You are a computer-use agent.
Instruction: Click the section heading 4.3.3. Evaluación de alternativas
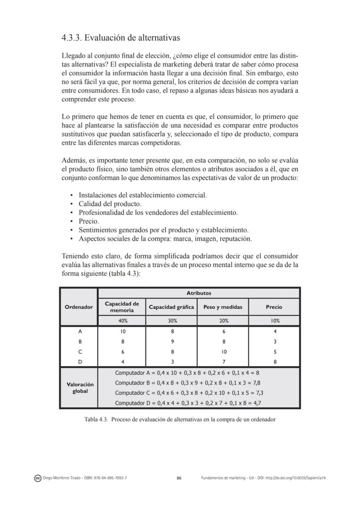120,38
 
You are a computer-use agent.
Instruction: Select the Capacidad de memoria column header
122,307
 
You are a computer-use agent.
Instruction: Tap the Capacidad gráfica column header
171,307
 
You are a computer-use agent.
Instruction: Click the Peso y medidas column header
223,307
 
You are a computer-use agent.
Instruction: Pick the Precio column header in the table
274,307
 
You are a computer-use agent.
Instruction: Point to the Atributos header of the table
199,293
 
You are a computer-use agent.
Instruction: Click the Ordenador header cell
79,307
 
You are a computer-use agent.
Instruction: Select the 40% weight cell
122,321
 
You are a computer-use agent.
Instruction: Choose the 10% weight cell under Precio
274,321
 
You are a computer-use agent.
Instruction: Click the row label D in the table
80,362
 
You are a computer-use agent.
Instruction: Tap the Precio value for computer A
274,331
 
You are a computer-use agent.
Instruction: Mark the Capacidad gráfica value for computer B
172,342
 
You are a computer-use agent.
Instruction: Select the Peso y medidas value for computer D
223,362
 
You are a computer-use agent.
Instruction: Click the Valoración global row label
80,388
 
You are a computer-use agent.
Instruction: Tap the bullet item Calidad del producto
110,203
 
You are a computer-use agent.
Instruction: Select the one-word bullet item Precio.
89,221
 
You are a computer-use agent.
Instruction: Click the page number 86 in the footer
179,478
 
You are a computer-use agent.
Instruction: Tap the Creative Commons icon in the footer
38,478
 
